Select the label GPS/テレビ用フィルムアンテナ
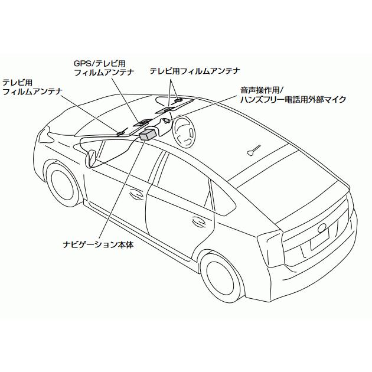coord(104,67)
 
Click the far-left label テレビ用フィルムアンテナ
coord(32,87)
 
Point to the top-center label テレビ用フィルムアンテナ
coord(194,70)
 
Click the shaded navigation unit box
coord(148,135)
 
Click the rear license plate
coord(320,239)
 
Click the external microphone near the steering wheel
coord(167,122)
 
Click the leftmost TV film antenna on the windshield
coord(122,132)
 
